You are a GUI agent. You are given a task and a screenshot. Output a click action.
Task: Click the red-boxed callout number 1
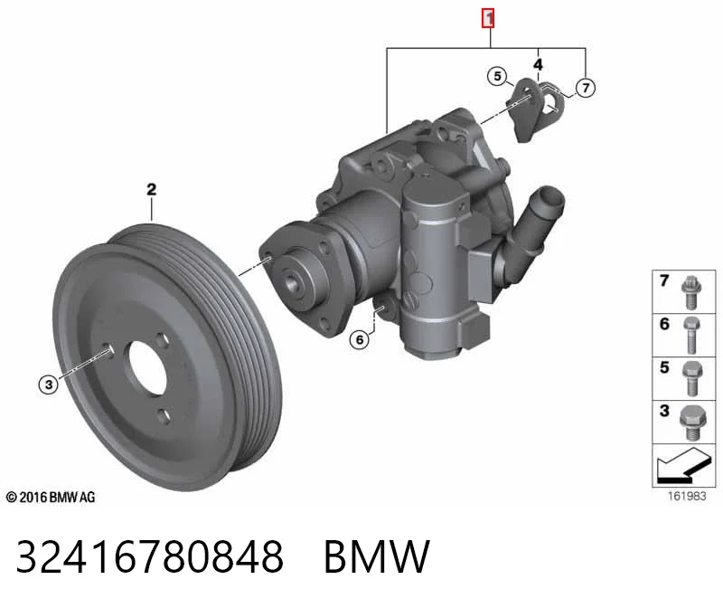(x=488, y=18)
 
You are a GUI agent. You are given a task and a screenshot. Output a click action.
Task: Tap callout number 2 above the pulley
(x=151, y=189)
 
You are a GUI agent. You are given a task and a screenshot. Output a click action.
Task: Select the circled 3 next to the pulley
(x=49, y=385)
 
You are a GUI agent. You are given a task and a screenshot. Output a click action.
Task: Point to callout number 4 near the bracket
(x=538, y=64)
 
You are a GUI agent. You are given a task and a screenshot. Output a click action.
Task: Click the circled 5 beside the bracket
(x=497, y=76)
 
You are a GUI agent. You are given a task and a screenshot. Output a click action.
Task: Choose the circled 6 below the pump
(x=360, y=340)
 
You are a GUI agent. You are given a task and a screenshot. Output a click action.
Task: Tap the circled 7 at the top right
(x=586, y=88)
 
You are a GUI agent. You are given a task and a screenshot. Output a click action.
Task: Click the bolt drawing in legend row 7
(x=690, y=292)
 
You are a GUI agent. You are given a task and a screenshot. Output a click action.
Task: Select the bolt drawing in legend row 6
(x=691, y=335)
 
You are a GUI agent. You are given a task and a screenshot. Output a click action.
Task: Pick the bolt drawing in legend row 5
(x=691, y=378)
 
